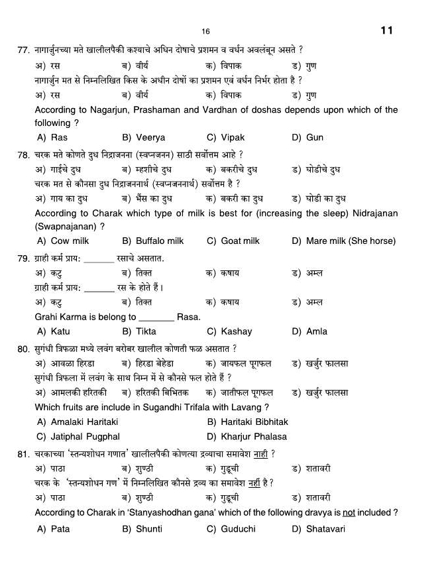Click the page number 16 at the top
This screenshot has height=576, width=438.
coord(205,32)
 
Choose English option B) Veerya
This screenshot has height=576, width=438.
coord(144,138)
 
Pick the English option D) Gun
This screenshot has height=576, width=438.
coord(307,138)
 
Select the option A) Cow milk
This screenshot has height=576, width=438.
coord(63,241)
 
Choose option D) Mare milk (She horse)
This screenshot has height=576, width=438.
coord(343,241)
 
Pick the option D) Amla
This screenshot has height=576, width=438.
coord(309,331)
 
